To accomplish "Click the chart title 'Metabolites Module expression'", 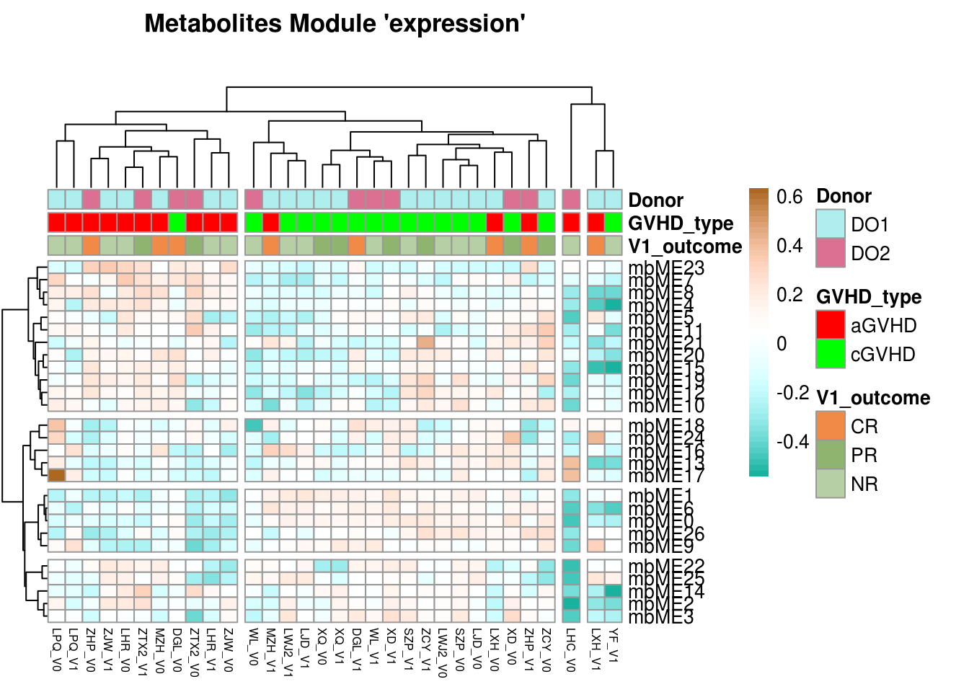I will coord(335,24).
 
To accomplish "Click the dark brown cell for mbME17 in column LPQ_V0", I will coord(56,475).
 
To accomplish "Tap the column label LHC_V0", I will coord(570,649).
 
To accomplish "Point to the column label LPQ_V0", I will coord(56,649).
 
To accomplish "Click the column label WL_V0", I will coord(253,647).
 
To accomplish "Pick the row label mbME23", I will coord(666,267).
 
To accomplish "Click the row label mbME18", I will coord(666,426).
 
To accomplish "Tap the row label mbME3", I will coord(661,617).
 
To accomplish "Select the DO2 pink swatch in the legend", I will coord(830,253).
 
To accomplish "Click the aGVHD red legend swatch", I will coord(830,325).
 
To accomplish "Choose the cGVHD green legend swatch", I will coord(830,354).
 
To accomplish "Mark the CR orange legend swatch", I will coord(830,426).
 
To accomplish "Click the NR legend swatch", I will coord(830,484).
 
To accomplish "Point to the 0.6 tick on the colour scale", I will coord(789,197).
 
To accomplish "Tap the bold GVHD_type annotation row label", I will coord(681,223).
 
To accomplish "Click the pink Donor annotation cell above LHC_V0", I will coord(570,199).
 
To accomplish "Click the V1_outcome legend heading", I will coord(872,398).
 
